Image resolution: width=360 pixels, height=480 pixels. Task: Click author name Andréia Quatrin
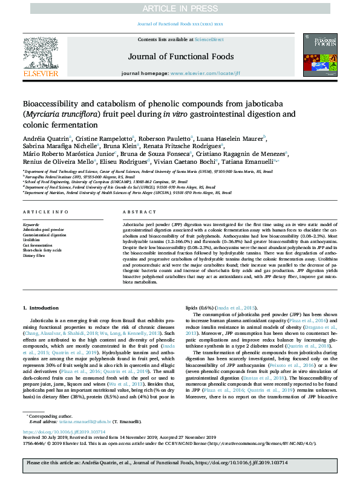[45, 138]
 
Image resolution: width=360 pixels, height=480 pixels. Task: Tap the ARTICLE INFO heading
[45, 212]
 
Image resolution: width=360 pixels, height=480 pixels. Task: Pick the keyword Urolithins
[33, 239]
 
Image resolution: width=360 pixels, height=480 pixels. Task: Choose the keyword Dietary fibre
[35, 256]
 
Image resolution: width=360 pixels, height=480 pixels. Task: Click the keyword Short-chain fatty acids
[42, 250]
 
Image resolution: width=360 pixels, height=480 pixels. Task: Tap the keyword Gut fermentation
[38, 245]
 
